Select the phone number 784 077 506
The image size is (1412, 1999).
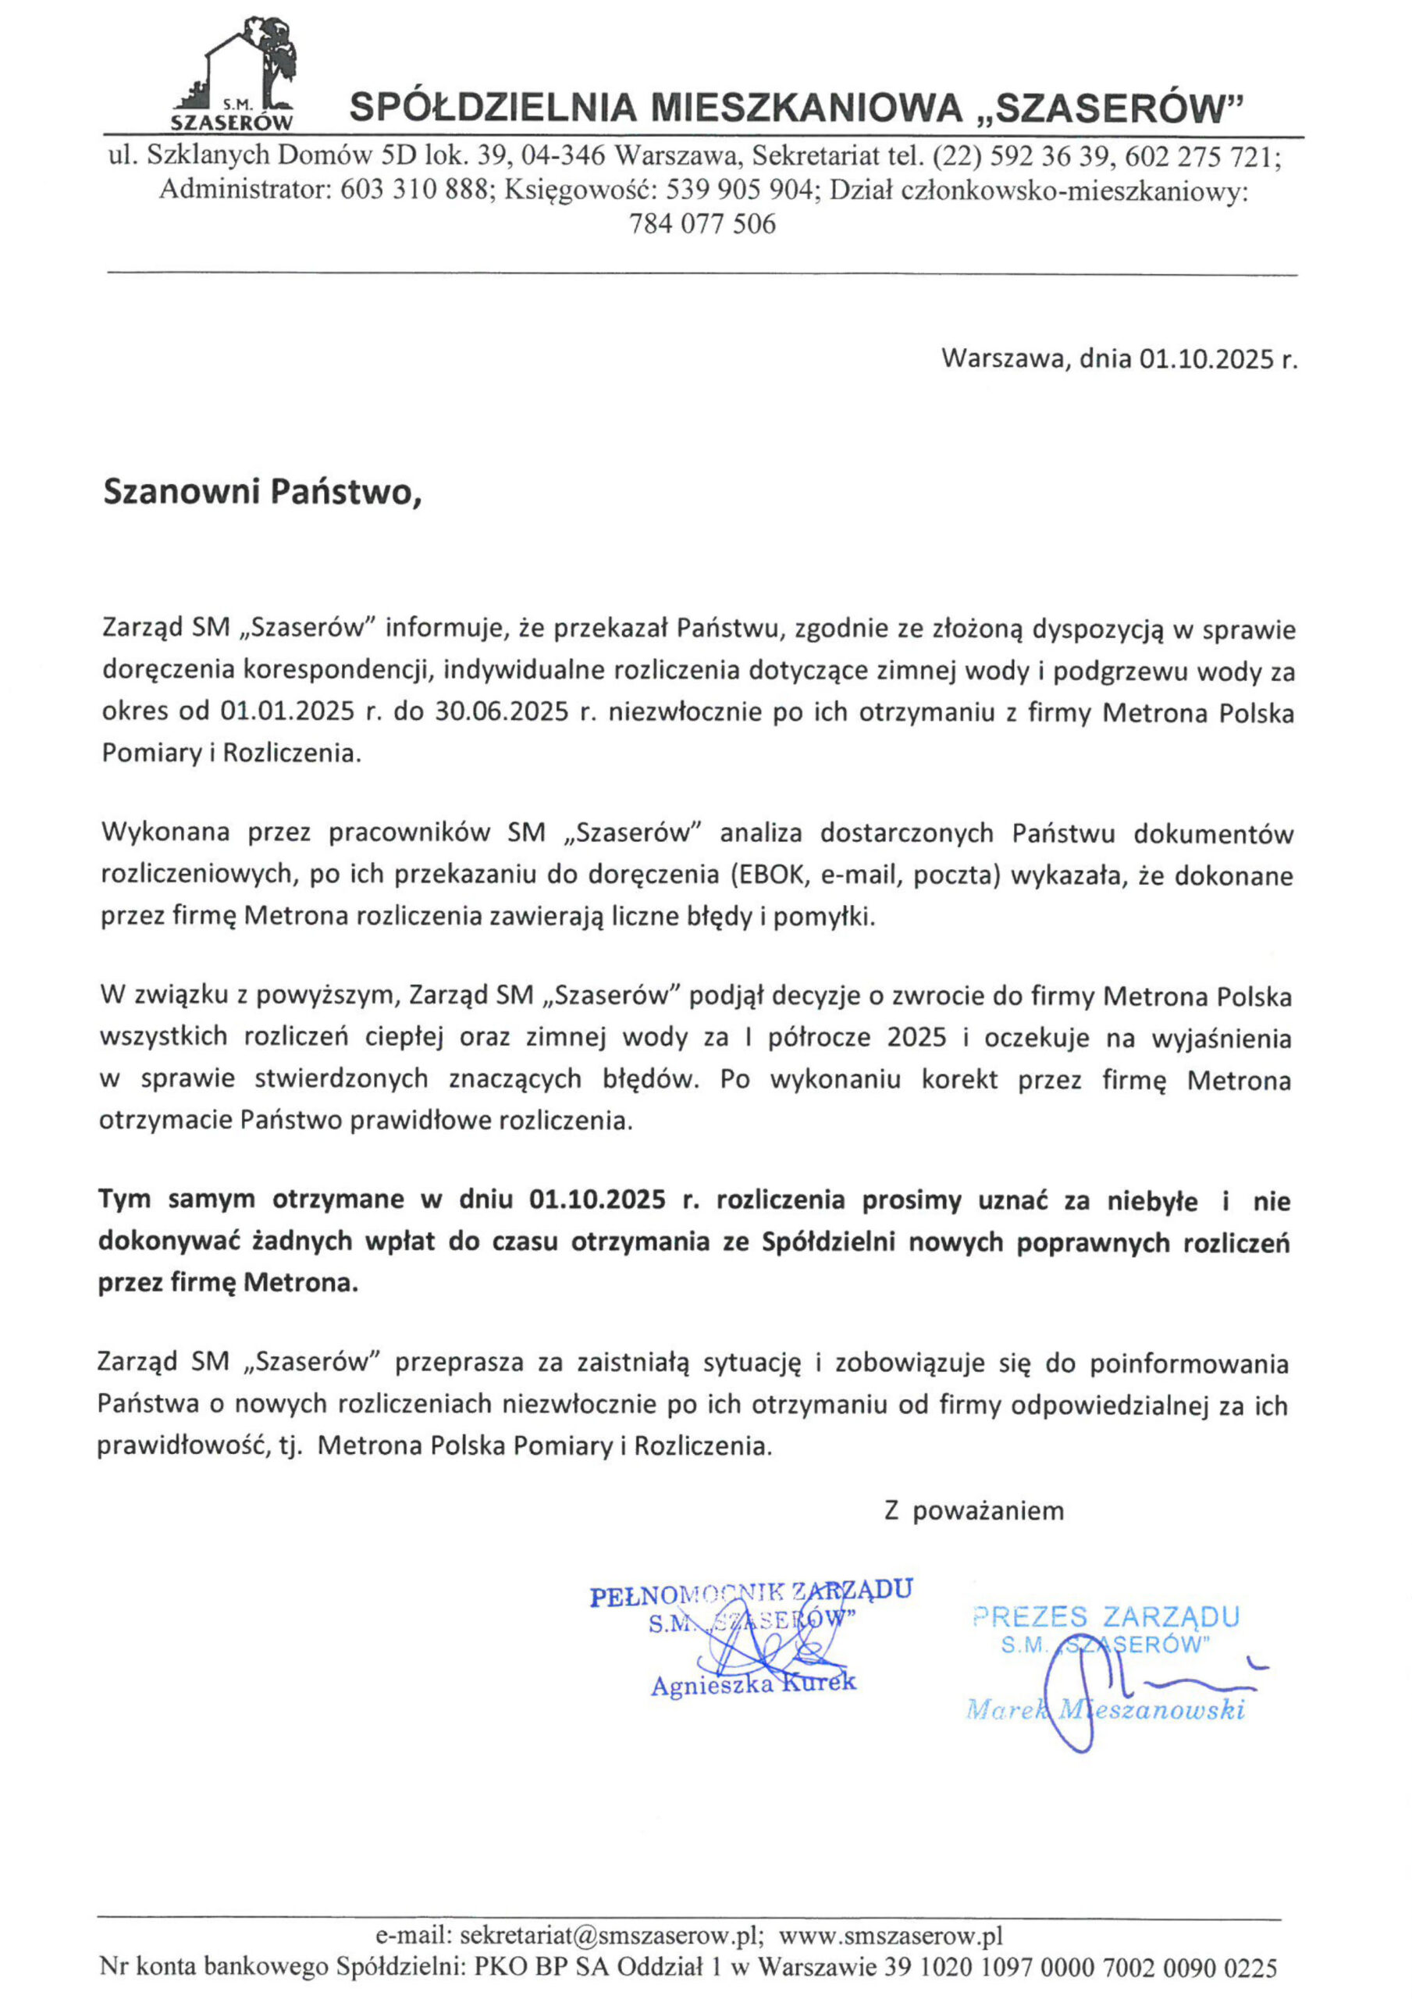pos(702,224)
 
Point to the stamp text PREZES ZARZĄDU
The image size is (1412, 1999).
pos(1105,1618)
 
